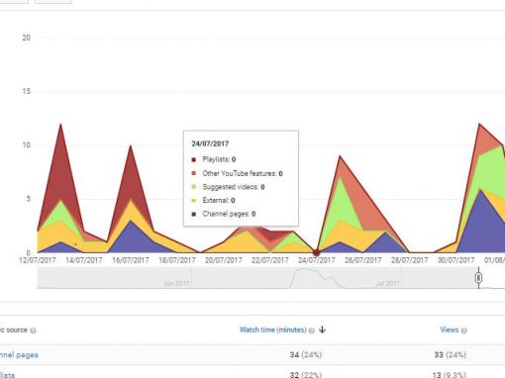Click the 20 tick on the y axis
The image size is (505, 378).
27,38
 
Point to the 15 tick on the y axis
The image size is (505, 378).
27,91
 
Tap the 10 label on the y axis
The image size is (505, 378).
27,144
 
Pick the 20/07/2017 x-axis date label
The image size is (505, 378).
225,260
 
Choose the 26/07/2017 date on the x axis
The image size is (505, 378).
363,260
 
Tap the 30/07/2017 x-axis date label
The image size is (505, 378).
455,260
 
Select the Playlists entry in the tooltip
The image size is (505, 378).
219,158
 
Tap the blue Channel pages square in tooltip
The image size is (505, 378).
195,214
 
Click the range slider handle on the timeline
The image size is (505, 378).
478,278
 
